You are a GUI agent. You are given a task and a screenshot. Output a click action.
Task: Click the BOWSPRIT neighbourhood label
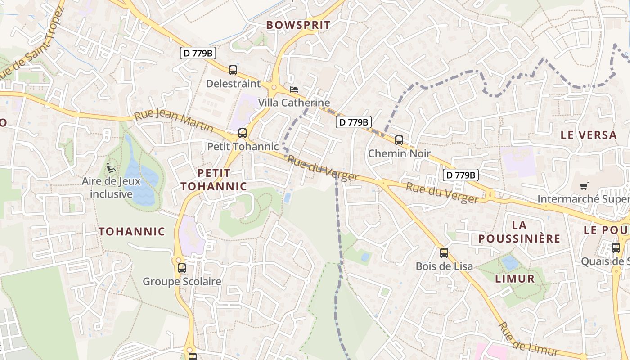(298, 25)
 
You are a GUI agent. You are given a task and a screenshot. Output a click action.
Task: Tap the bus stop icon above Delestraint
(233, 70)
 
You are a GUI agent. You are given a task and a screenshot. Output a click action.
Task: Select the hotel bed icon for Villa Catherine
(294, 90)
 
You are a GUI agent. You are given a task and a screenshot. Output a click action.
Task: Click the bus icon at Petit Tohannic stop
(243, 133)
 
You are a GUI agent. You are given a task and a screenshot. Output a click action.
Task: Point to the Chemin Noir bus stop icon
(399, 140)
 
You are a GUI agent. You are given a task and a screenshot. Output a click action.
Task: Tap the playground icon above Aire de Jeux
(111, 168)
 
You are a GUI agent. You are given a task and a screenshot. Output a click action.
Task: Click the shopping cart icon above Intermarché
(584, 186)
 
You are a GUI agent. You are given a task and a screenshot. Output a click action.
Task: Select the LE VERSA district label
(588, 135)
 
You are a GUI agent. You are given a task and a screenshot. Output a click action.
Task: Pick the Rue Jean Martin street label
(173, 121)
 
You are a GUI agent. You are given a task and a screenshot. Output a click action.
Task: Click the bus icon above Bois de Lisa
(444, 253)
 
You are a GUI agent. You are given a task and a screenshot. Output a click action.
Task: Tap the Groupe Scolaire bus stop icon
(182, 268)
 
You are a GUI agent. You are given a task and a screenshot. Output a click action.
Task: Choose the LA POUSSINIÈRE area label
(519, 232)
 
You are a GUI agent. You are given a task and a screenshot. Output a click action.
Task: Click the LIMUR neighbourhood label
(515, 279)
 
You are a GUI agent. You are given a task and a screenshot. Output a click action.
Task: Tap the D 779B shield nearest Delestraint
(198, 53)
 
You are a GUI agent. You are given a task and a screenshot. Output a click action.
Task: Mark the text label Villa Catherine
(294, 103)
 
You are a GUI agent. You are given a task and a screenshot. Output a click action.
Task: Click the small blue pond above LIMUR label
(510, 262)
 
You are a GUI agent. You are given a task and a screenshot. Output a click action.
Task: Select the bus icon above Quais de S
(616, 248)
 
